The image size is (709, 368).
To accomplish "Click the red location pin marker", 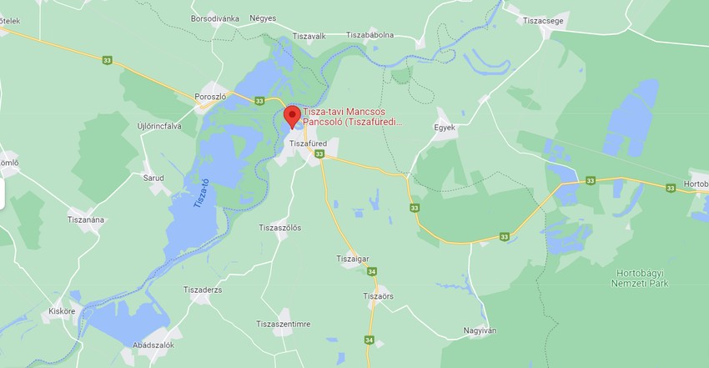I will tap(292, 116).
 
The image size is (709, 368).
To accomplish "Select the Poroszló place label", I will tap(210, 96).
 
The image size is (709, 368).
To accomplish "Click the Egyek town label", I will tap(445, 128).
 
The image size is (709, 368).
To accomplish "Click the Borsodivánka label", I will tap(215, 18).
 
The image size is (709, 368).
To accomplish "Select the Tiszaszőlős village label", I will tap(279, 228).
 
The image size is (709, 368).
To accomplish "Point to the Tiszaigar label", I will tap(352, 259).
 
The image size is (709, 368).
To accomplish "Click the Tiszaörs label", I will tap(379, 296).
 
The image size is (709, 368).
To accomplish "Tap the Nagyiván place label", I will tap(480, 330).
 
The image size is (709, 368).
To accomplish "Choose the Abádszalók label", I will tap(153, 345).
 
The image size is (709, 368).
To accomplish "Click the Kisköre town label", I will tap(62, 311).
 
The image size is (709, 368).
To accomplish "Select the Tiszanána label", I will tap(86, 219).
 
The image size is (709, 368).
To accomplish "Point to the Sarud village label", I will tap(153, 178).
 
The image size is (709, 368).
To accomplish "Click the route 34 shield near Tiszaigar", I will tap(371, 271).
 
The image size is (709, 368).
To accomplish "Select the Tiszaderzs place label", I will tap(203, 290).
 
